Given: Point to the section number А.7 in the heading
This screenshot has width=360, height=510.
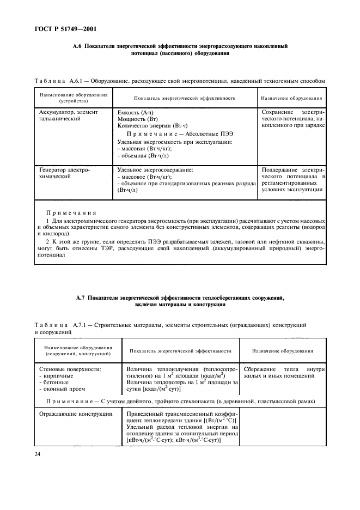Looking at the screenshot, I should [x=80, y=298].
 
